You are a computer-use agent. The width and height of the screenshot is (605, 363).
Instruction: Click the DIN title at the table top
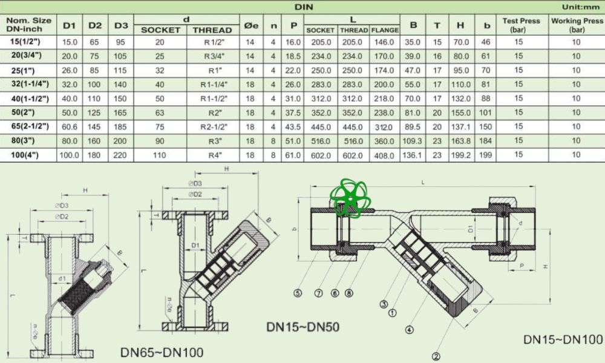point(303,7)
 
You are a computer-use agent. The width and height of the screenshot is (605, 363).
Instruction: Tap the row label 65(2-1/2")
point(28,126)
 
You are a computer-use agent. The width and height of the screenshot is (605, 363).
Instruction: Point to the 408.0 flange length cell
point(385,155)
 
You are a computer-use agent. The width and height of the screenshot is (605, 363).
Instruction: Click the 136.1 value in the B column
point(413,155)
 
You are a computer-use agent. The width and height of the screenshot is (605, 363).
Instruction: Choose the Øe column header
point(250,25)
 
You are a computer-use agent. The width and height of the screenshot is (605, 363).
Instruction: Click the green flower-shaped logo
point(346,198)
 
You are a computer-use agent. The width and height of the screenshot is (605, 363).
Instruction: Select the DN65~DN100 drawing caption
point(162,352)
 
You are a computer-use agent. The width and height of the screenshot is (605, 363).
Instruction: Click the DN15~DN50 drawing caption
point(302,327)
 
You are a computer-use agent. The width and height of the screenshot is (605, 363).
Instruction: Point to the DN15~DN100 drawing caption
point(563,339)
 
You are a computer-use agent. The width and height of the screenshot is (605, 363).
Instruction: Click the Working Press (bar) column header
point(577,25)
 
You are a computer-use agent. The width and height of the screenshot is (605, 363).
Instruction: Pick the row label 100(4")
point(28,155)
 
